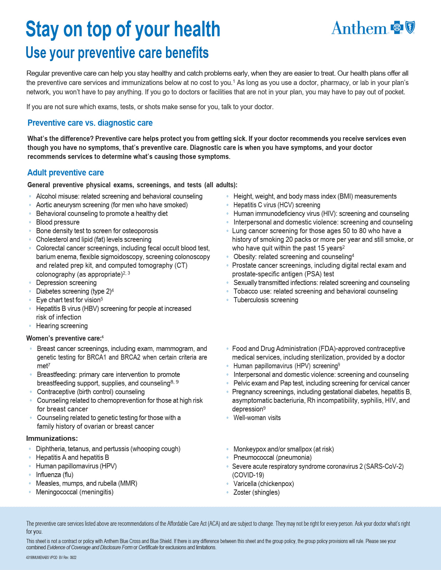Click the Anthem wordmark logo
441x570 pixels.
click(x=359, y=28)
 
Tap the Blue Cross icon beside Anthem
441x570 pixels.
click(x=397, y=28)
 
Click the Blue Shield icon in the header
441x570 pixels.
click(x=410, y=27)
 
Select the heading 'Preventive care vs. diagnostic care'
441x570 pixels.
click(x=90, y=123)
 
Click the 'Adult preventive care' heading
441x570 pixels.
click(x=65, y=173)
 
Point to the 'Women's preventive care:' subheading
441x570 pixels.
click(x=64, y=338)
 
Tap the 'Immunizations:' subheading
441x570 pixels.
click(x=52, y=438)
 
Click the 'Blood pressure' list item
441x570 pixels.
click(x=58, y=222)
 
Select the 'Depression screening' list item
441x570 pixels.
click(x=66, y=283)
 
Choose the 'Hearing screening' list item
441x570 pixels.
click(x=62, y=326)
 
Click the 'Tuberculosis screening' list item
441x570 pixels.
click(x=266, y=300)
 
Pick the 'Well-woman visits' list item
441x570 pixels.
click(x=257, y=418)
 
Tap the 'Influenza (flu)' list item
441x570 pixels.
click(x=55, y=475)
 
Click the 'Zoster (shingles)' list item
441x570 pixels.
click(x=256, y=492)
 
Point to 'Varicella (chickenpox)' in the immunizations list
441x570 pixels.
click(x=264, y=484)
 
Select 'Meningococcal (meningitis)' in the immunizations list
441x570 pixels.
click(x=75, y=492)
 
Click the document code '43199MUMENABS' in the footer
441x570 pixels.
click(x=37, y=558)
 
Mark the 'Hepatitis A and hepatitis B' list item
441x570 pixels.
click(x=72, y=457)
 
